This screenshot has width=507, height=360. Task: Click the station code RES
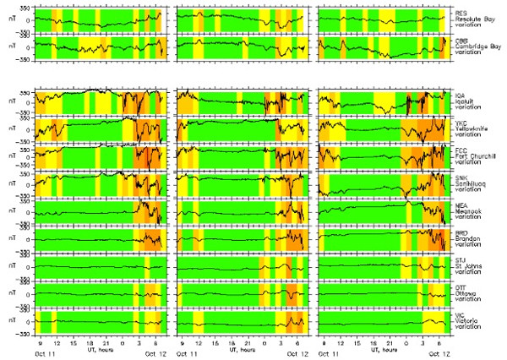click(460, 14)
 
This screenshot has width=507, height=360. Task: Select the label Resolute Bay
click(473, 20)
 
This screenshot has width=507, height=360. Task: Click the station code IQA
click(460, 96)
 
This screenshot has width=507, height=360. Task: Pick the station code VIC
click(460, 315)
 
